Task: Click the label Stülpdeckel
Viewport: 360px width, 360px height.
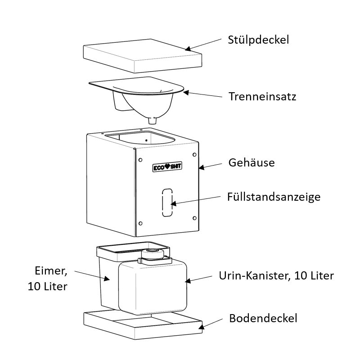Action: [258, 40]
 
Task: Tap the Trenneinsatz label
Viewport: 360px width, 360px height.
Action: [262, 96]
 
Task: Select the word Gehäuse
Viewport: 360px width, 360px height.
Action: [251, 162]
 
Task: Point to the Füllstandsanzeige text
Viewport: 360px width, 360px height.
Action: [274, 197]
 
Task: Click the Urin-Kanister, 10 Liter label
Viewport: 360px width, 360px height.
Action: [276, 275]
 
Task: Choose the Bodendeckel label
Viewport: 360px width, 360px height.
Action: [263, 319]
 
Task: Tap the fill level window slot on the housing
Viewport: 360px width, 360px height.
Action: [167, 203]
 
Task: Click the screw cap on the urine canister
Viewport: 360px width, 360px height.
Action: [153, 254]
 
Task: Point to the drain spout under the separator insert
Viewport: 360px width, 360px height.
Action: [153, 120]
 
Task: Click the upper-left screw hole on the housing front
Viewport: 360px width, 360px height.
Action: [140, 160]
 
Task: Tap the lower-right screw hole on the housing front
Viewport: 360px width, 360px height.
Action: [194, 218]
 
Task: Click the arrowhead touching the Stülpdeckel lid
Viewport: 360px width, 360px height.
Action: [188, 48]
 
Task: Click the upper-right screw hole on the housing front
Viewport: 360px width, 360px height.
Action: [194, 154]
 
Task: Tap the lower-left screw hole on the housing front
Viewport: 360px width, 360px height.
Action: [140, 223]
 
